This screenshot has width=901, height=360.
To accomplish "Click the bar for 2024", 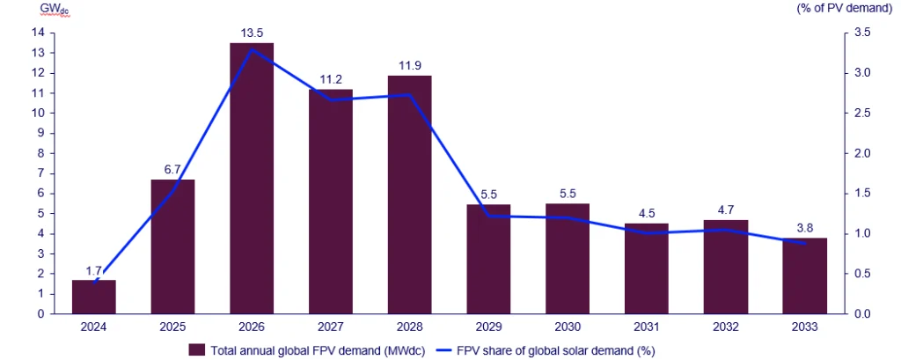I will [94, 297].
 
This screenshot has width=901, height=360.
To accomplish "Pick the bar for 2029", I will [488, 259].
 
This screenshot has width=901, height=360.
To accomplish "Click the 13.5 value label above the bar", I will [252, 33].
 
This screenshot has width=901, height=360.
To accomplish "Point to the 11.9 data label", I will [409, 66].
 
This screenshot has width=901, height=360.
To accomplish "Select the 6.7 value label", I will [172, 170].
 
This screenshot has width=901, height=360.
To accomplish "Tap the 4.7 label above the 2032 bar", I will [726, 210].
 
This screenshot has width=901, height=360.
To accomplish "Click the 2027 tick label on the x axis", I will [331, 327].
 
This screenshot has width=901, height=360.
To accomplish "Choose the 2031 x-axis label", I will [647, 327].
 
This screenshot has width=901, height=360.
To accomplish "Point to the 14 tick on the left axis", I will [38, 33].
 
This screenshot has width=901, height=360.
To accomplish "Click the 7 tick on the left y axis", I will [40, 173].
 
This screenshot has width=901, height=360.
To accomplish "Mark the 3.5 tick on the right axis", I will [863, 33].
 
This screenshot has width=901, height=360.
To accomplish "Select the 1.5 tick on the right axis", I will [863, 194].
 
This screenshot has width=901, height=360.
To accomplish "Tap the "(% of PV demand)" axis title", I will [850, 8].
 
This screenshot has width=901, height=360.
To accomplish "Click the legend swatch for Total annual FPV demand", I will [197, 349].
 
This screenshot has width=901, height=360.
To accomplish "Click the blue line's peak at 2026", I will [253, 49].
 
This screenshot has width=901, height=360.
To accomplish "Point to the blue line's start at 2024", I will [94, 282].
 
